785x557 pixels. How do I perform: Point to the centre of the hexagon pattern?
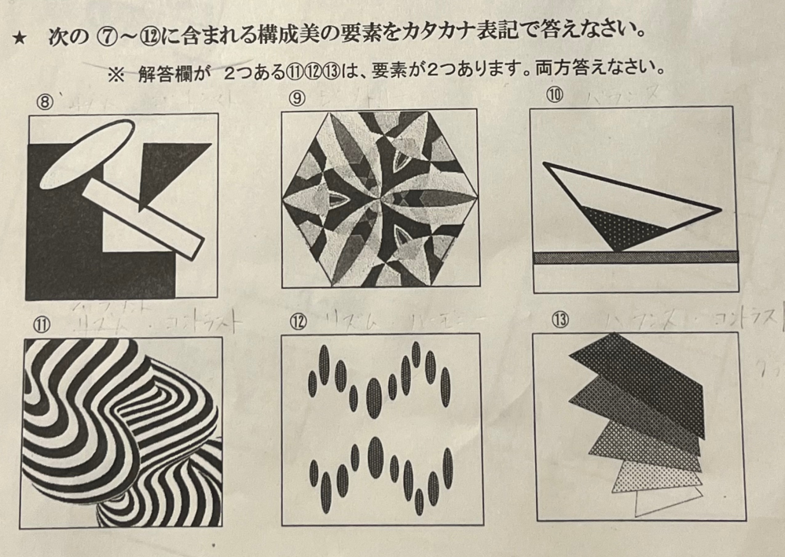(380, 196)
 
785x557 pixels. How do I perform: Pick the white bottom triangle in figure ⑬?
(664, 500)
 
